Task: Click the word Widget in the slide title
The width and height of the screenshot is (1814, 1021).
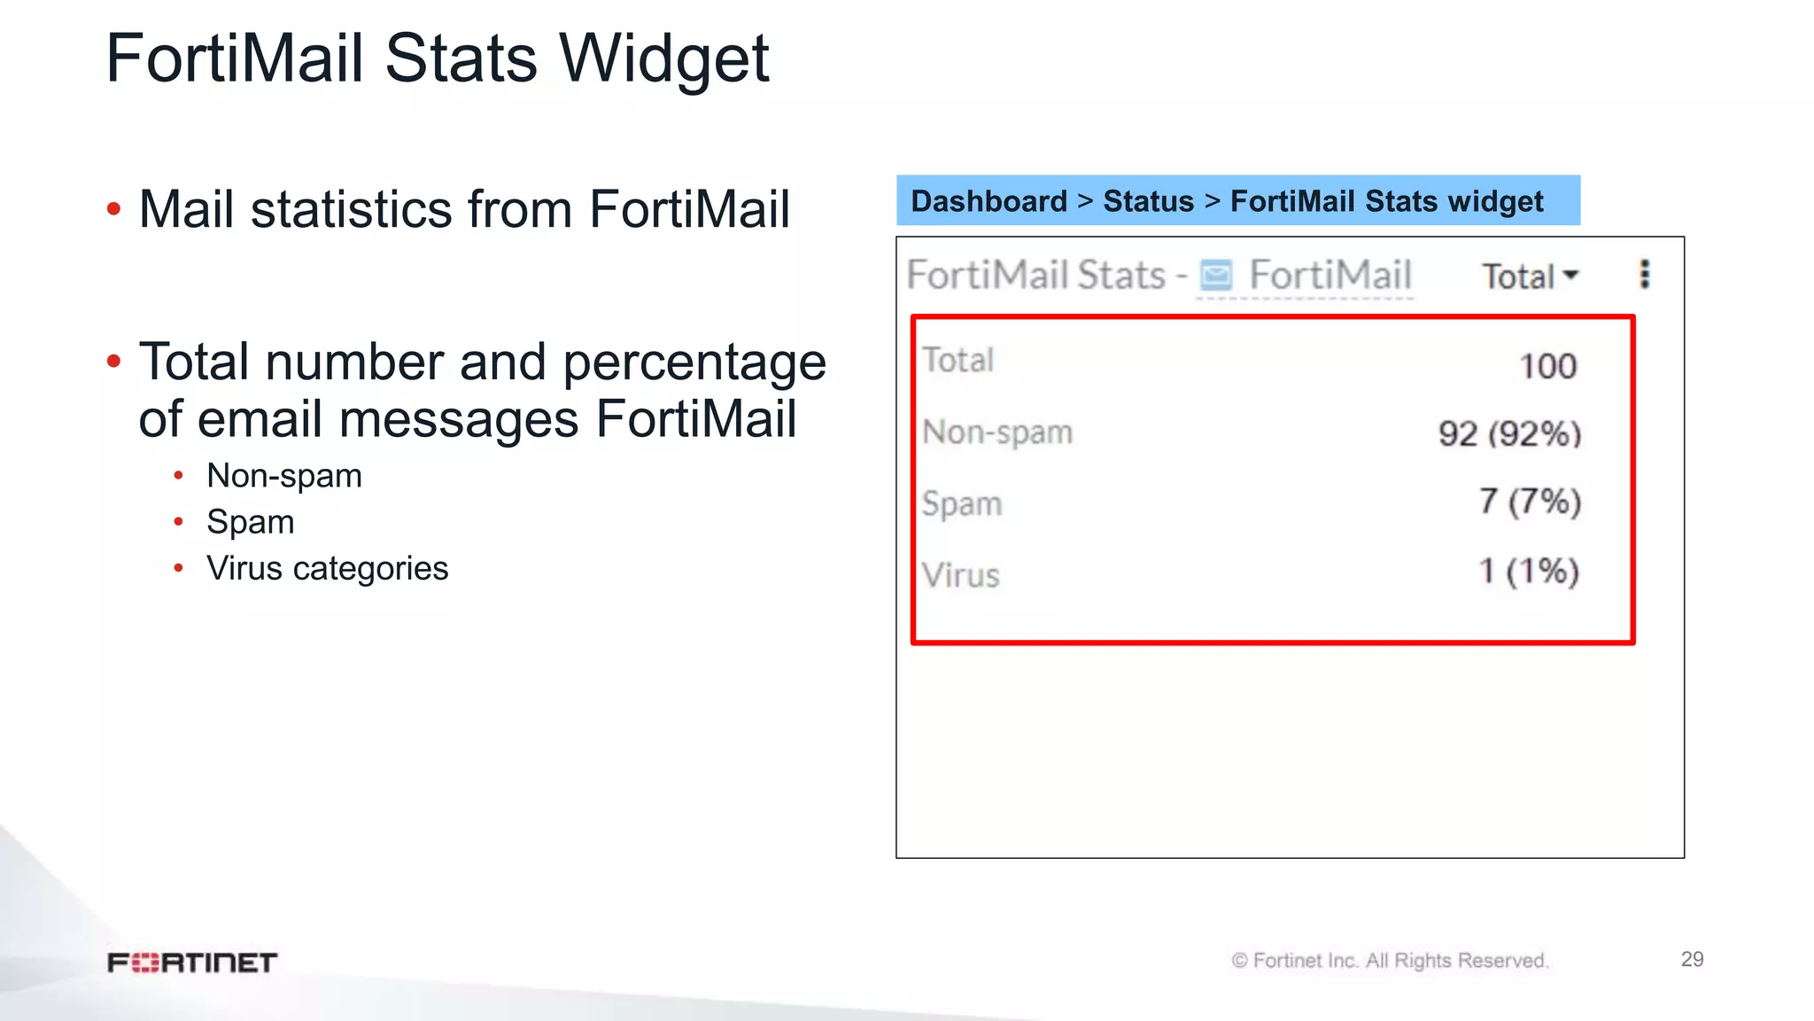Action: (664, 59)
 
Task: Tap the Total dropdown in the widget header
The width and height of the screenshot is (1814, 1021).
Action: (1530, 277)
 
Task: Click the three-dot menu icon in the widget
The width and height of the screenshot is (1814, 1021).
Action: (1645, 275)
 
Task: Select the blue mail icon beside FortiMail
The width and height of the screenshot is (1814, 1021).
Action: (1215, 276)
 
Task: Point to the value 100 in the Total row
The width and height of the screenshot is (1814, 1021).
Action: (1547, 366)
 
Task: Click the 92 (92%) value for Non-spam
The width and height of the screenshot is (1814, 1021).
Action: (1509, 434)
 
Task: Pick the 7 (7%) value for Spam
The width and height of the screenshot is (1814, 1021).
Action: (1530, 502)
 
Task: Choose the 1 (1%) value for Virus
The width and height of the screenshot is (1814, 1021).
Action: (1529, 572)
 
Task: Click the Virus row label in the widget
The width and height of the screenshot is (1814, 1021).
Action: (961, 576)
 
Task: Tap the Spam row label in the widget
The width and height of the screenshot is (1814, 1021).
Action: (962, 504)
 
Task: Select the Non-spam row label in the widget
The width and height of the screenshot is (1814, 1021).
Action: (997, 433)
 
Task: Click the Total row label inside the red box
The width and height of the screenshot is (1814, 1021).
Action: (958, 361)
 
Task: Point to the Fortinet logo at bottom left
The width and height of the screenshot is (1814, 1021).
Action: (192, 963)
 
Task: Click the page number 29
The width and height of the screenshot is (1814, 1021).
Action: (1692, 959)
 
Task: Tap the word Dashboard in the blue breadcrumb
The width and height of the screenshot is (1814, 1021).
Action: (988, 201)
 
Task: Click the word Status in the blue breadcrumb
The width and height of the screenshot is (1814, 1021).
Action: (1148, 201)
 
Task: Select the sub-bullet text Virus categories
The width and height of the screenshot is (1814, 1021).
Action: (327, 568)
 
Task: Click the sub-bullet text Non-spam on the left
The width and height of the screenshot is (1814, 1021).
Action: (284, 476)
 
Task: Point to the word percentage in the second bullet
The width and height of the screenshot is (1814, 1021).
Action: (694, 363)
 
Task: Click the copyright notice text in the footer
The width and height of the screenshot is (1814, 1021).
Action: (1390, 961)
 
